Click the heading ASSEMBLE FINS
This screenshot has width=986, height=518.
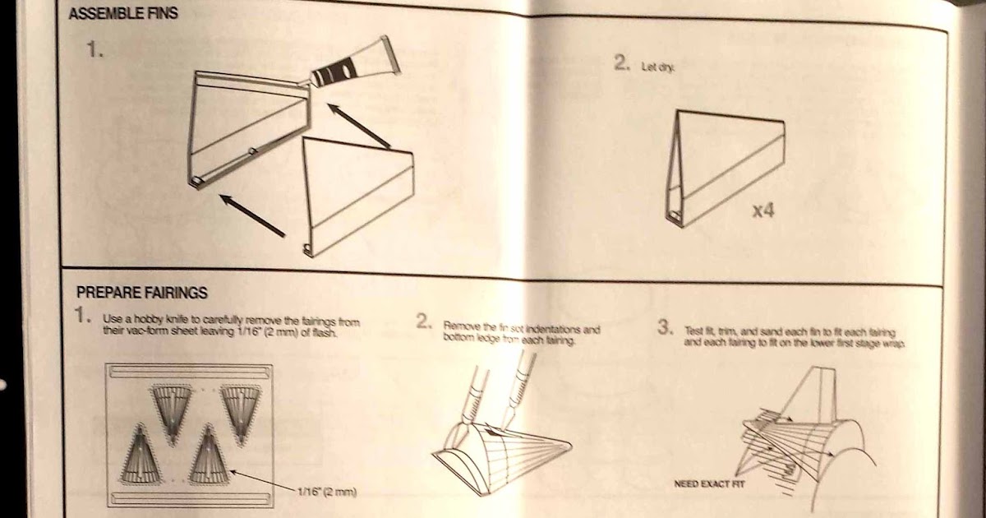123,14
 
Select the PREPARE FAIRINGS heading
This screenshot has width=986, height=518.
141,293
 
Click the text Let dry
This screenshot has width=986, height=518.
658,67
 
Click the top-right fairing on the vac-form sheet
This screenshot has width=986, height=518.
242,406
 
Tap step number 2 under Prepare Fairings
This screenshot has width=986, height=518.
423,323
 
